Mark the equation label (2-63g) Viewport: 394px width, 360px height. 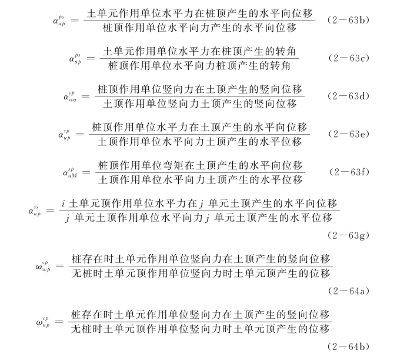(349, 234)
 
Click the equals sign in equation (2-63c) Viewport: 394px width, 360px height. (89, 58)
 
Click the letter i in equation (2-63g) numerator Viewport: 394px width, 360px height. (62, 204)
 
